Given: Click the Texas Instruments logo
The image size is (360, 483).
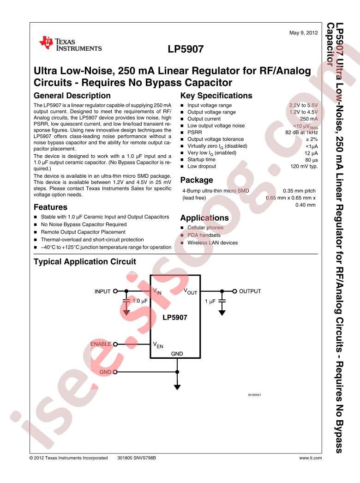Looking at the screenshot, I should click(x=71, y=43).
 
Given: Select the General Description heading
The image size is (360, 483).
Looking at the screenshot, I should click(x=72, y=96).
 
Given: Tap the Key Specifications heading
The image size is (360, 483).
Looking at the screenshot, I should click(x=216, y=96).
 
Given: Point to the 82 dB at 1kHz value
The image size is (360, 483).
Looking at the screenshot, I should click(x=301, y=133).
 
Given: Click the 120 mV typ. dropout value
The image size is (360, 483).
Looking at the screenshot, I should click(x=304, y=166).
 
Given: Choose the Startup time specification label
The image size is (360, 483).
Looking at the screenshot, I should click(x=201, y=159).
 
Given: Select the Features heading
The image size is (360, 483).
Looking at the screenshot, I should click(x=50, y=207).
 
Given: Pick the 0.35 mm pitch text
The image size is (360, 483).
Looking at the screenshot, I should click(x=299, y=190).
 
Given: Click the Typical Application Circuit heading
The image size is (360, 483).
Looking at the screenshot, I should click(x=85, y=262).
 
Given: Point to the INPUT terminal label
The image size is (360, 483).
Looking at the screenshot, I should click(x=102, y=291).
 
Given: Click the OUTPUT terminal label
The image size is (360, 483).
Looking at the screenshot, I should click(x=250, y=291).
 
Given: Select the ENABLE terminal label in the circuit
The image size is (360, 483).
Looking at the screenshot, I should click(x=101, y=344).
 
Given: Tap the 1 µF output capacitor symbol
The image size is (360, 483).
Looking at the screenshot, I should click(x=222, y=301).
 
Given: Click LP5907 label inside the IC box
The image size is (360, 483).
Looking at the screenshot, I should click(x=175, y=318).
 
